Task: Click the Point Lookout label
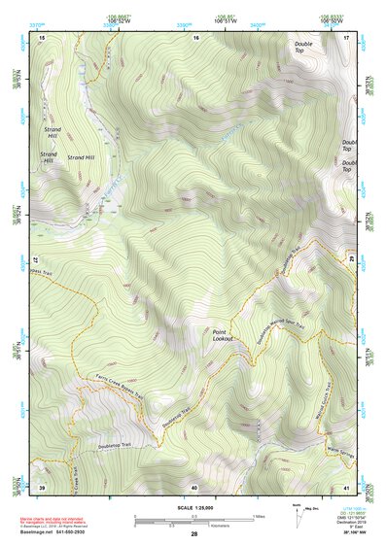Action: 225,336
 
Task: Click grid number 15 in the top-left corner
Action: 42,37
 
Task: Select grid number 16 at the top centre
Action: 195,37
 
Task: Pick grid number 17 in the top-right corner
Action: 347,37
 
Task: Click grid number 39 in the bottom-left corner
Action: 42,487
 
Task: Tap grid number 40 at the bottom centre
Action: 194,487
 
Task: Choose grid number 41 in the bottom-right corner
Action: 347,487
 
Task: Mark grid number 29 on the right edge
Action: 351,260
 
